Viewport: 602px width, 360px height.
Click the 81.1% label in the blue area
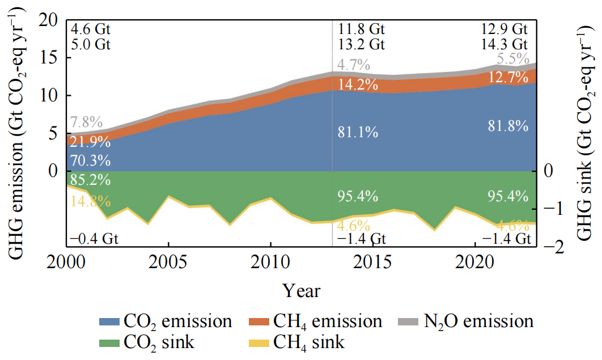coord(358,133)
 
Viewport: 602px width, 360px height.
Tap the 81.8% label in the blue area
coord(508,126)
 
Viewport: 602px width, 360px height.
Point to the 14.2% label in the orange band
coord(358,85)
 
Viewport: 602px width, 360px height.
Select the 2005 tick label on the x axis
coord(168,264)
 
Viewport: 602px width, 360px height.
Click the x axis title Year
coord(302,291)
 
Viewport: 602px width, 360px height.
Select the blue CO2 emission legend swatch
coord(111,322)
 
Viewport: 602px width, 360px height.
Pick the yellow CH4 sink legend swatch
coord(260,342)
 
